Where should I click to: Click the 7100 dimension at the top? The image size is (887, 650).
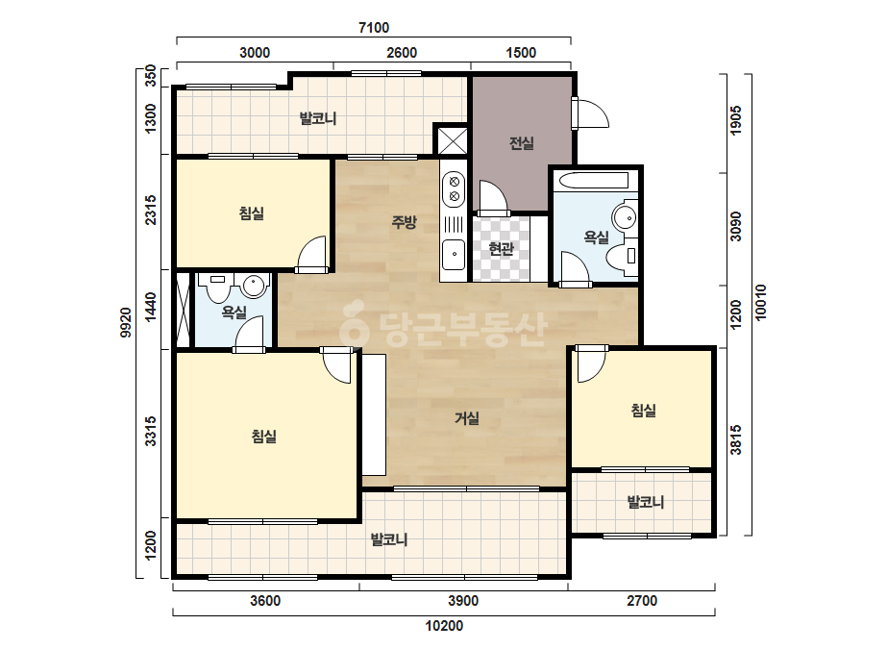[x=374, y=27]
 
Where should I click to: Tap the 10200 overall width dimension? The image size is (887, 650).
[x=444, y=626]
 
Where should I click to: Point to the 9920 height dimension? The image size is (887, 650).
[x=126, y=323]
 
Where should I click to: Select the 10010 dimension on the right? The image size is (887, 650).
[x=760, y=302]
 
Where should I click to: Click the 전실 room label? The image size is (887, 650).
[x=522, y=142]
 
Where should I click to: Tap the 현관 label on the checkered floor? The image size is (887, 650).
[x=502, y=249]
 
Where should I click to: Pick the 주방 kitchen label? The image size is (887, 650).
[x=405, y=222]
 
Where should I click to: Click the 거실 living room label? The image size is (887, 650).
[x=467, y=418]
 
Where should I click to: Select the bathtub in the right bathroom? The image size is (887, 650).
[x=593, y=181]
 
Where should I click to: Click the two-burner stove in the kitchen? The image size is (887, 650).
[x=454, y=189]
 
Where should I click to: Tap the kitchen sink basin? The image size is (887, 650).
[x=454, y=254]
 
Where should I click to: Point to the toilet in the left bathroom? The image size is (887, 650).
[x=217, y=287]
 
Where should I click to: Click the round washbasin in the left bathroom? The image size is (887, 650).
[x=255, y=286]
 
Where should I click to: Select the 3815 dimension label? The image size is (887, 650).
[x=735, y=440]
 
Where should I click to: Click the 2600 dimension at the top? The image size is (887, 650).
[x=402, y=53]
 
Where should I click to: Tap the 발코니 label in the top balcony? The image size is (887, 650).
[x=318, y=118]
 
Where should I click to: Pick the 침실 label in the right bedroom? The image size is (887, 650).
[x=644, y=410]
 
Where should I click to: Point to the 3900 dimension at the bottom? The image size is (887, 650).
[x=463, y=600]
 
